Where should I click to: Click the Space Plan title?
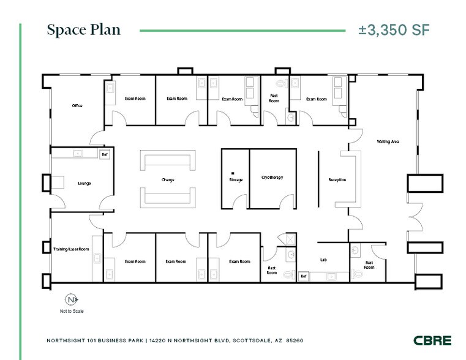click(83, 30)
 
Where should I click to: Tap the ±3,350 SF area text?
click(394, 30)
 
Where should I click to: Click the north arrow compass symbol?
click(72, 300)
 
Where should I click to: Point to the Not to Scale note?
click(72, 312)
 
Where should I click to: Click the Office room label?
click(77, 105)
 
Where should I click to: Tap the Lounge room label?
click(84, 183)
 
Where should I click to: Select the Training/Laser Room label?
click(71, 249)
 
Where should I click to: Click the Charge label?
click(168, 180)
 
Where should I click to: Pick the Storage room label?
click(236, 180)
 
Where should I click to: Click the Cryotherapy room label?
click(271, 178)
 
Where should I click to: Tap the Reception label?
click(337, 180)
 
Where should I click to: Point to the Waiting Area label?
click(388, 141)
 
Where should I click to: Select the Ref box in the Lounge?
click(104, 154)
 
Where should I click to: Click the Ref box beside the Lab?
click(303, 276)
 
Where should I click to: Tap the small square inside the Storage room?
click(233, 173)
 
